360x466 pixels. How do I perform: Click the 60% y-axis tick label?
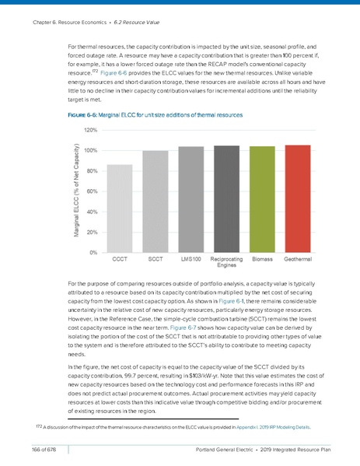tap(91, 191)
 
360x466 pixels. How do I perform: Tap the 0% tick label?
tap(93, 252)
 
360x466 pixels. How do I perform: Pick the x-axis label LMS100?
tap(190, 258)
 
